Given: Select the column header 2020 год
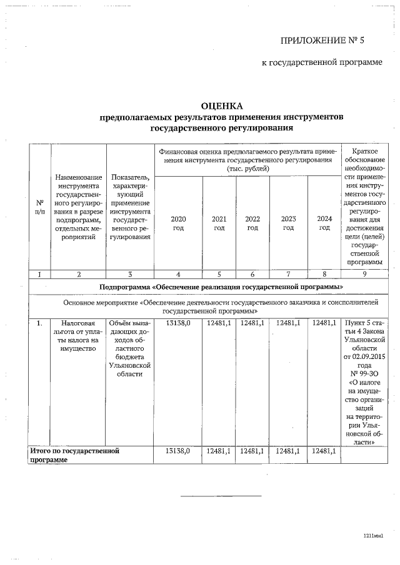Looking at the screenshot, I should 178,223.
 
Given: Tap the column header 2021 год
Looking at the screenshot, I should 219,223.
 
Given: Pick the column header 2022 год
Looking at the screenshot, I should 252,223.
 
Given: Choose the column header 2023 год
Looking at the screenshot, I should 288,223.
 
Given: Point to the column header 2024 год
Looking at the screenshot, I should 324,223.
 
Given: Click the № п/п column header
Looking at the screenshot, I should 39,208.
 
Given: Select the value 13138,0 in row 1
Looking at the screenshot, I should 178,323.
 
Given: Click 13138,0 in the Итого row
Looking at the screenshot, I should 178,450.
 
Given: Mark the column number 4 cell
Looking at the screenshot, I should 178,274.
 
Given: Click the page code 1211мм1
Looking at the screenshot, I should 372,536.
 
